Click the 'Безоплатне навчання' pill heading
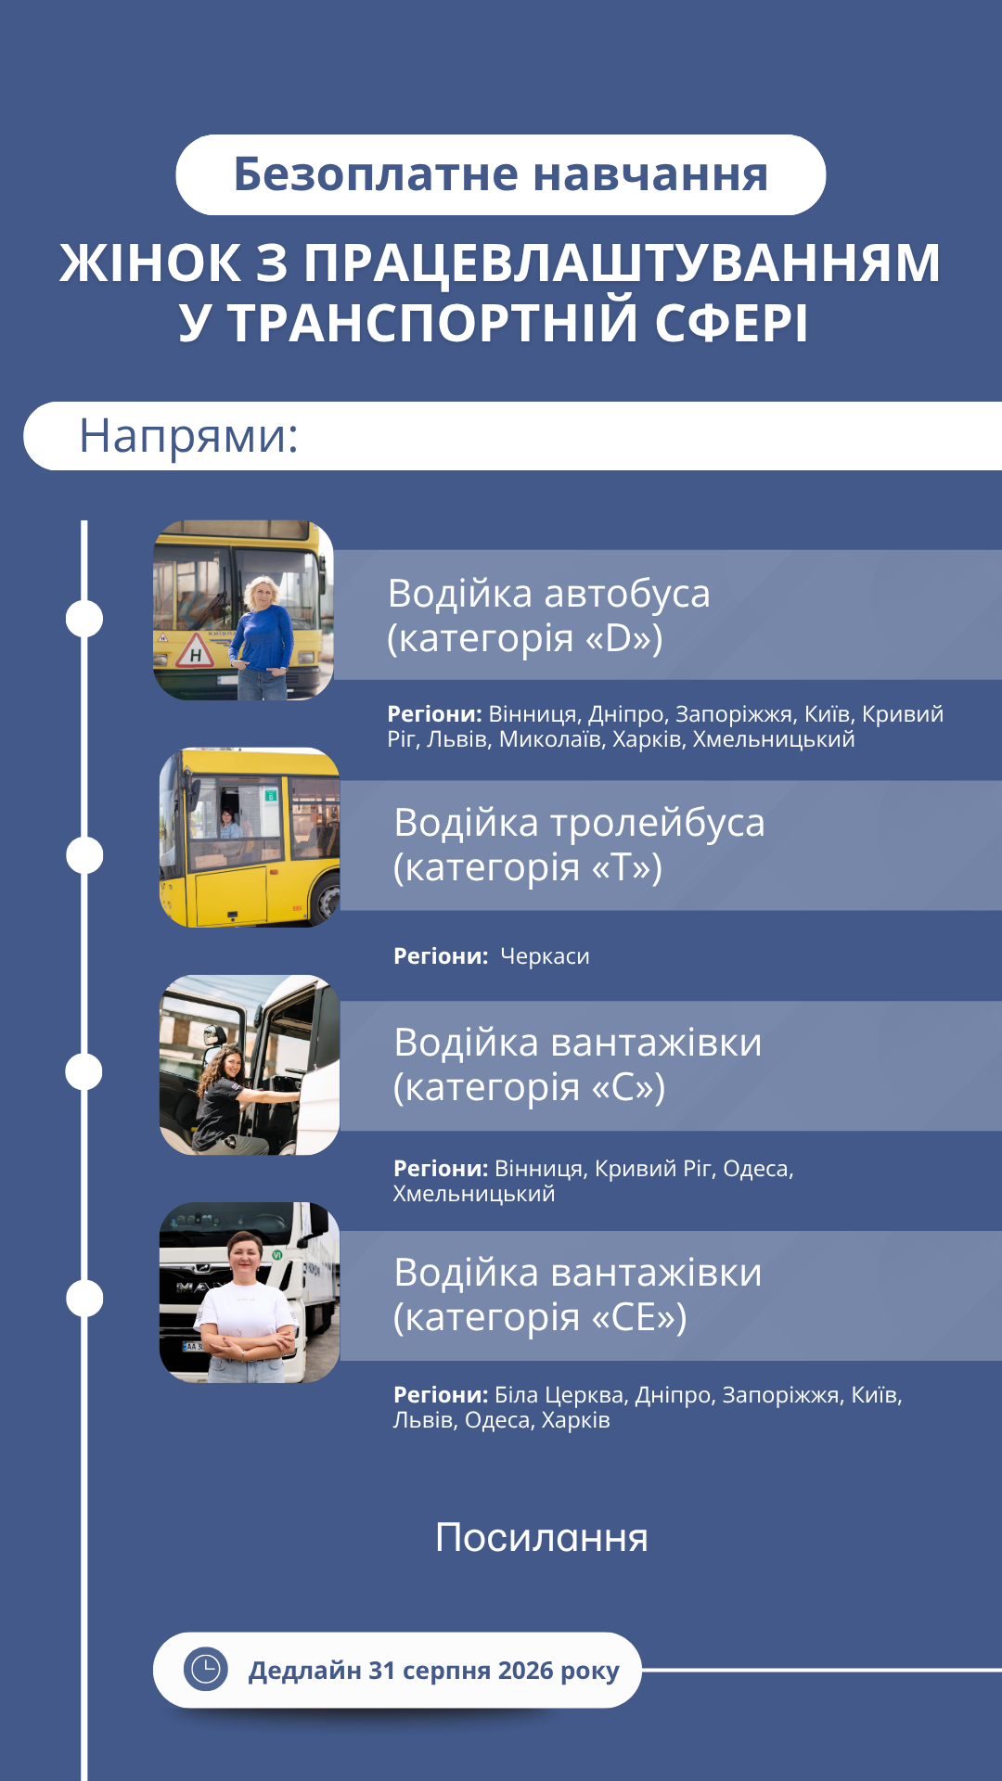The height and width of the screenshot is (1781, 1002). click(501, 174)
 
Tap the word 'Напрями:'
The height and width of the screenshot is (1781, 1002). click(188, 436)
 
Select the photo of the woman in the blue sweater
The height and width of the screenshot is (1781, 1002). click(243, 610)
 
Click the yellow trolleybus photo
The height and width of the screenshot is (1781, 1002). click(250, 838)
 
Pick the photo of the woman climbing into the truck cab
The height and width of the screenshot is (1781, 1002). click(250, 1065)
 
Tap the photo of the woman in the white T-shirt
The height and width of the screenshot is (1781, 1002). click(250, 1293)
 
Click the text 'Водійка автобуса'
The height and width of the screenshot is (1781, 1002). click(548, 594)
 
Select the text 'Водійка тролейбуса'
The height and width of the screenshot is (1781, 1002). click(579, 823)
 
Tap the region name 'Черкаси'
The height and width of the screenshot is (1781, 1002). click(545, 956)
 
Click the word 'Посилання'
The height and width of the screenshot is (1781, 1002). click(542, 1538)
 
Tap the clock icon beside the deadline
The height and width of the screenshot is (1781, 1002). click(205, 1670)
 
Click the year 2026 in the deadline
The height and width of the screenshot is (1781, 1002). click(525, 1671)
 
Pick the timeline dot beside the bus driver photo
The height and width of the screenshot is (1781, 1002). click(84, 619)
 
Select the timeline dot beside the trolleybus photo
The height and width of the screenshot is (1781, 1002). click(84, 855)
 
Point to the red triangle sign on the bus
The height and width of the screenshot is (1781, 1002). click(195, 652)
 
